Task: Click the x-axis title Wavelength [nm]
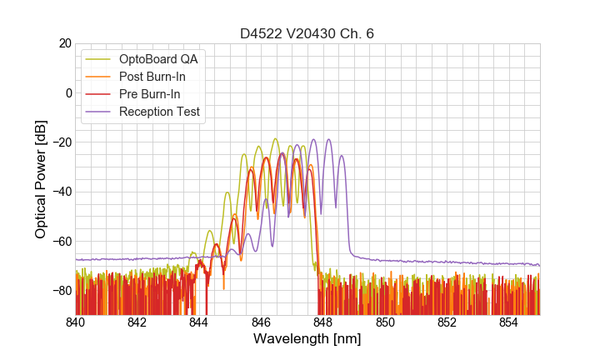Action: tap(307, 339)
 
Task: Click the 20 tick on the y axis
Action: tap(63, 43)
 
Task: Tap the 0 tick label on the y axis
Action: tap(67, 92)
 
